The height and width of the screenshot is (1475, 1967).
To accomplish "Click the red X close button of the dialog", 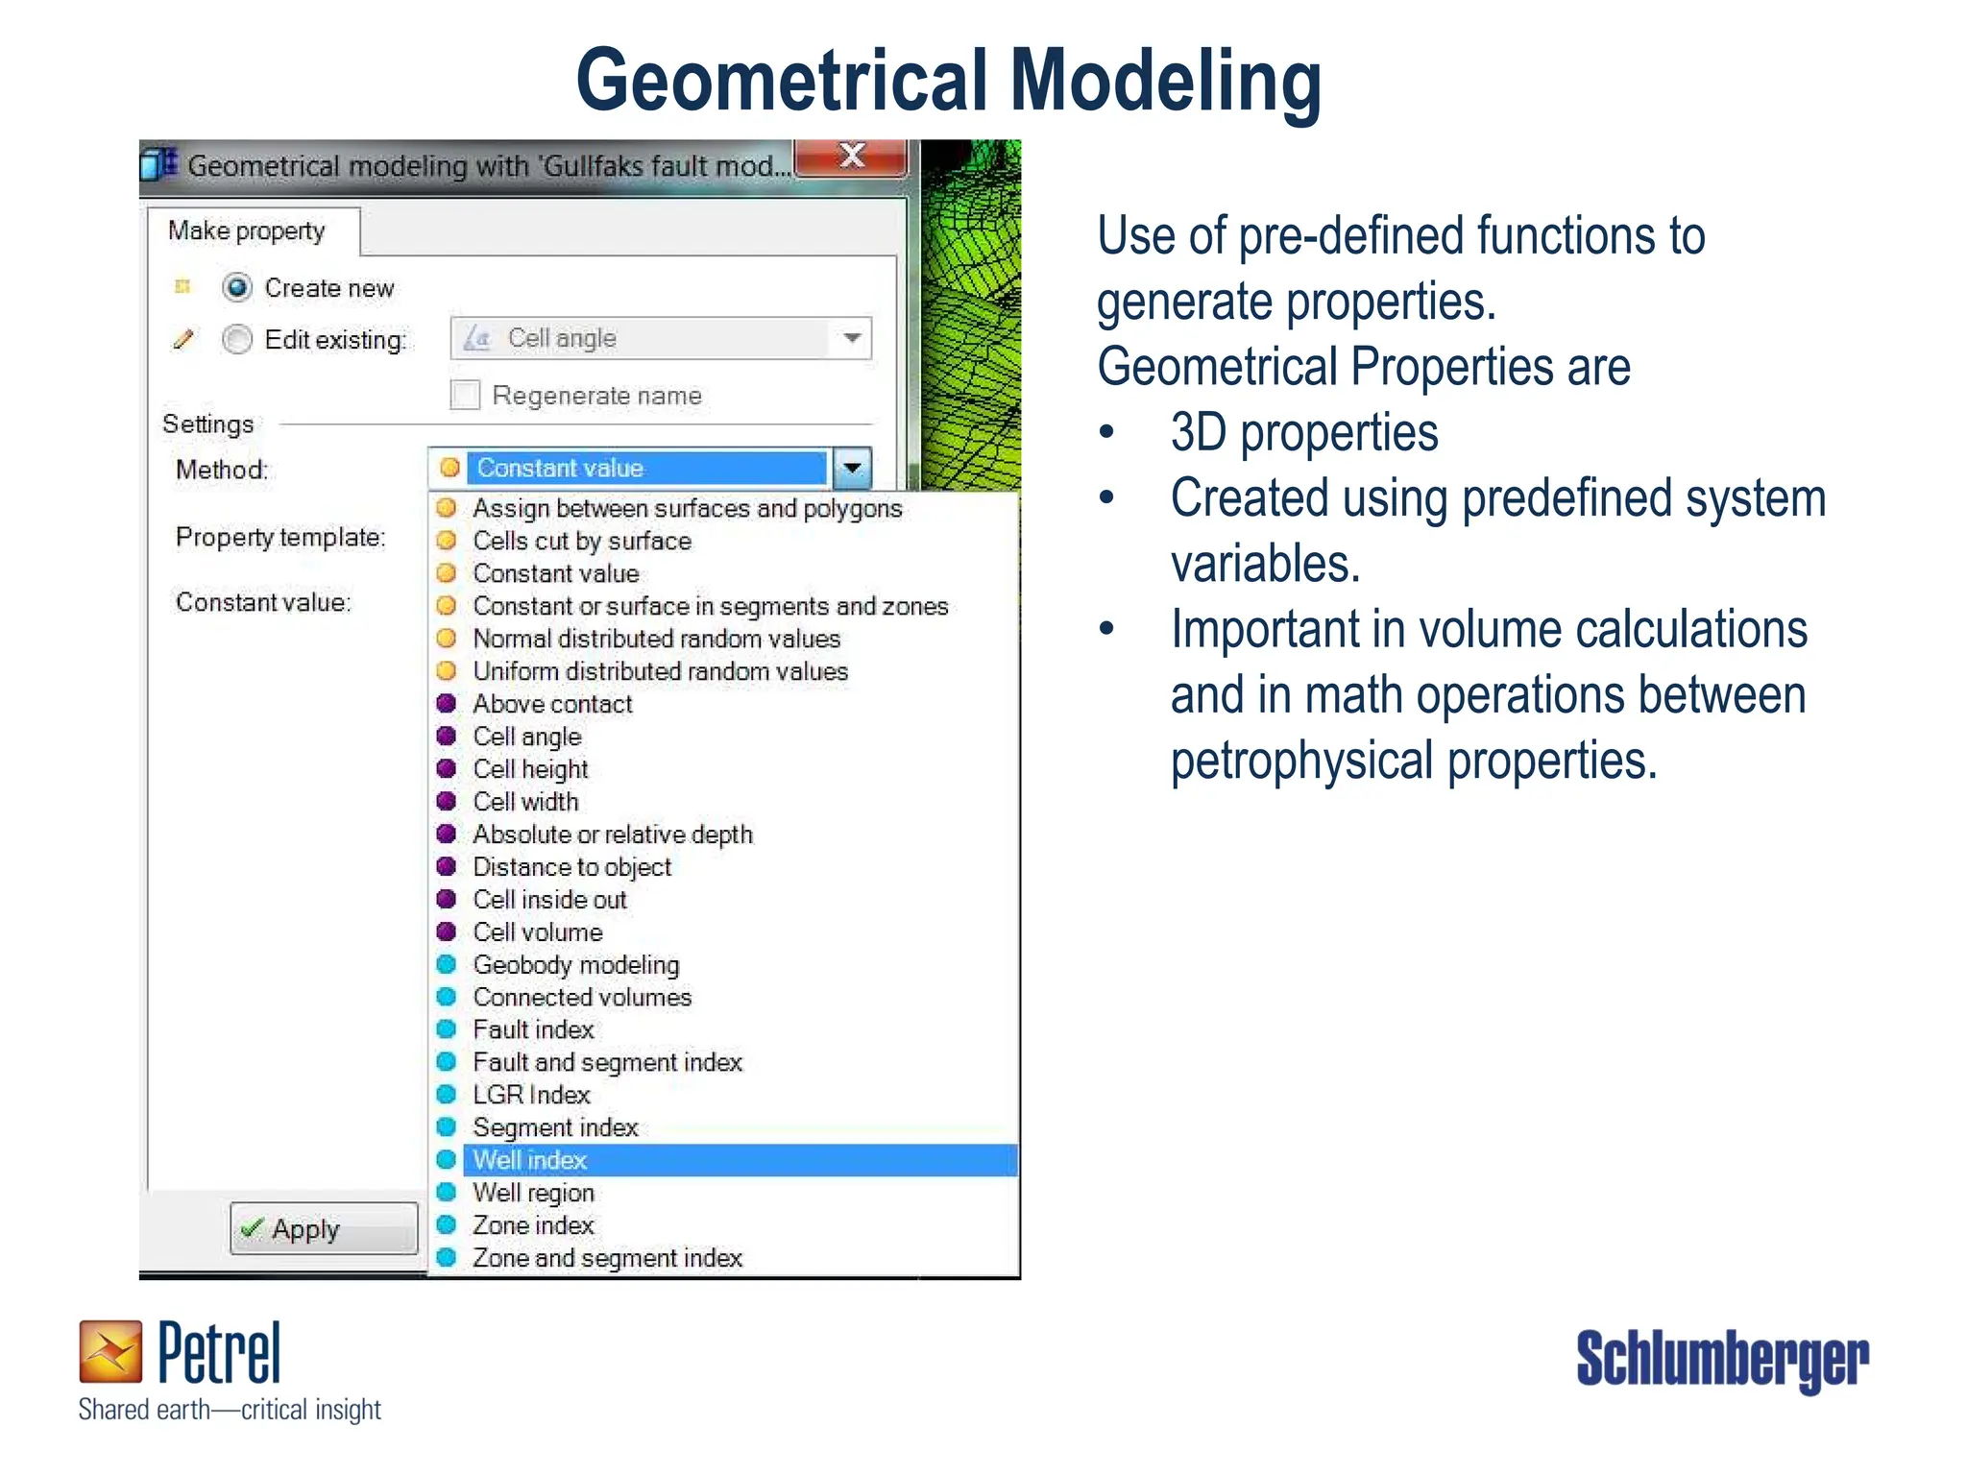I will click(x=851, y=157).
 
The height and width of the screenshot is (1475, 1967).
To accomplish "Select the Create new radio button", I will click(x=237, y=287).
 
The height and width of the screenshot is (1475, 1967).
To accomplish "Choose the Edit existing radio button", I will click(x=237, y=339).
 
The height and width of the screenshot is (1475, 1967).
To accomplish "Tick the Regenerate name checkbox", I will click(x=466, y=395).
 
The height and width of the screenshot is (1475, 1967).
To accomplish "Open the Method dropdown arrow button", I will click(x=852, y=469).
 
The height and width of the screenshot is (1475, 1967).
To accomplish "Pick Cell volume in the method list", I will click(x=538, y=931).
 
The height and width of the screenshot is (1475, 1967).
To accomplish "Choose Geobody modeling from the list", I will click(x=575, y=964).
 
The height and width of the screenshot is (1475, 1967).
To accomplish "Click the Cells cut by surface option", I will click(x=581, y=541).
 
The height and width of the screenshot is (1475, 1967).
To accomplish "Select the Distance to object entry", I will click(x=571, y=866).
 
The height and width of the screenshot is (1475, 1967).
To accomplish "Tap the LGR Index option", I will click(x=531, y=1095).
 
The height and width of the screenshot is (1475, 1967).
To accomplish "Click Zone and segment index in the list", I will click(x=607, y=1258).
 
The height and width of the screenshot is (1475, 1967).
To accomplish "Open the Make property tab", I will click(x=247, y=231).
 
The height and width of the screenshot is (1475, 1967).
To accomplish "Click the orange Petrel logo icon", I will click(x=110, y=1351).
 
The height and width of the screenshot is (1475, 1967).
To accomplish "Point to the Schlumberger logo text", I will click(x=1721, y=1359).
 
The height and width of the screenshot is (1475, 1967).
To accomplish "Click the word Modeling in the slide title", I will click(x=1166, y=82).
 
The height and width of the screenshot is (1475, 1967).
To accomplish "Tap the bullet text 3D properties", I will click(x=1303, y=432).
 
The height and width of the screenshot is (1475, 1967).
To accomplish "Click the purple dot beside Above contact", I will click(x=447, y=703).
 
